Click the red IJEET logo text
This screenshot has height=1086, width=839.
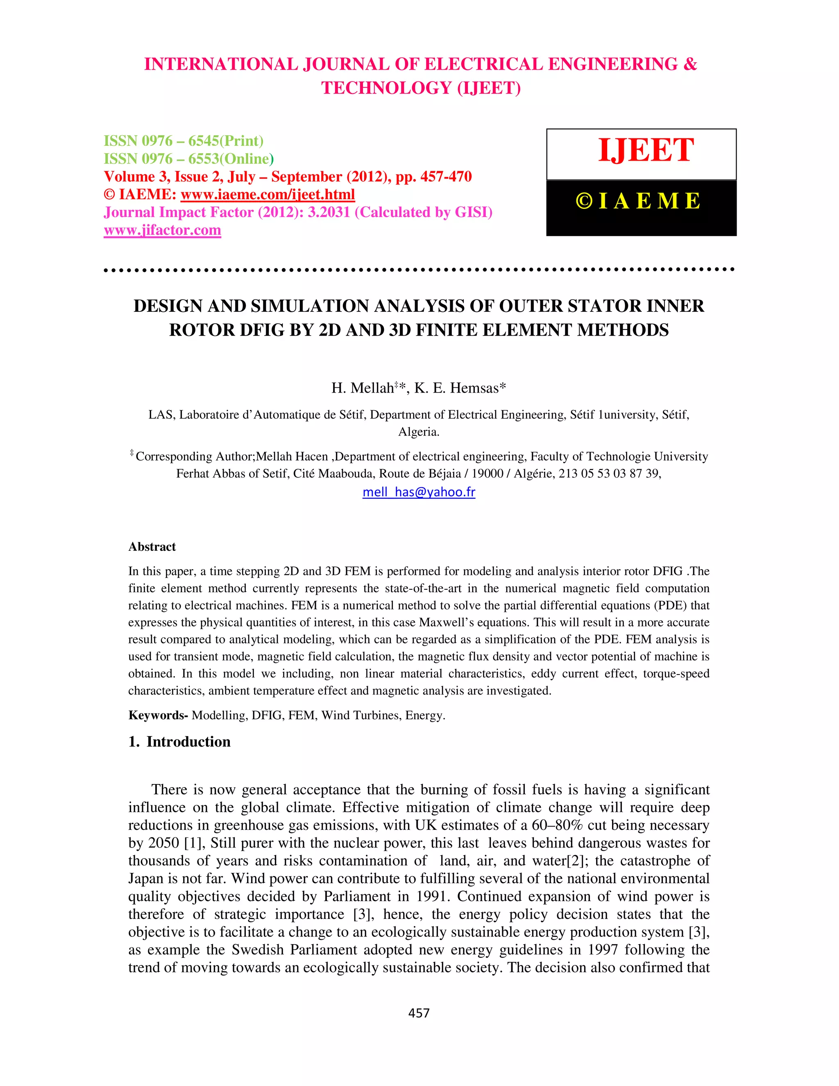646,150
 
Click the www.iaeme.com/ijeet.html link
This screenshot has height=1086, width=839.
268,194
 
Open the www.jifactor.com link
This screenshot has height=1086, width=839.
162,230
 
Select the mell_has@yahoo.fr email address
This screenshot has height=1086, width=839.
419,492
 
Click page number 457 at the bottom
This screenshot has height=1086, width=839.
419,1013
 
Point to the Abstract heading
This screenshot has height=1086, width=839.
152,547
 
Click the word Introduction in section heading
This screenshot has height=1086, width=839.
188,742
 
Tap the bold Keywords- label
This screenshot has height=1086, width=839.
158,716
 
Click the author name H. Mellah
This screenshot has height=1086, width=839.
362,389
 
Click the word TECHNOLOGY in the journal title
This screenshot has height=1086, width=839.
386,88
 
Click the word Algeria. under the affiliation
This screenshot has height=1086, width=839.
419,432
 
